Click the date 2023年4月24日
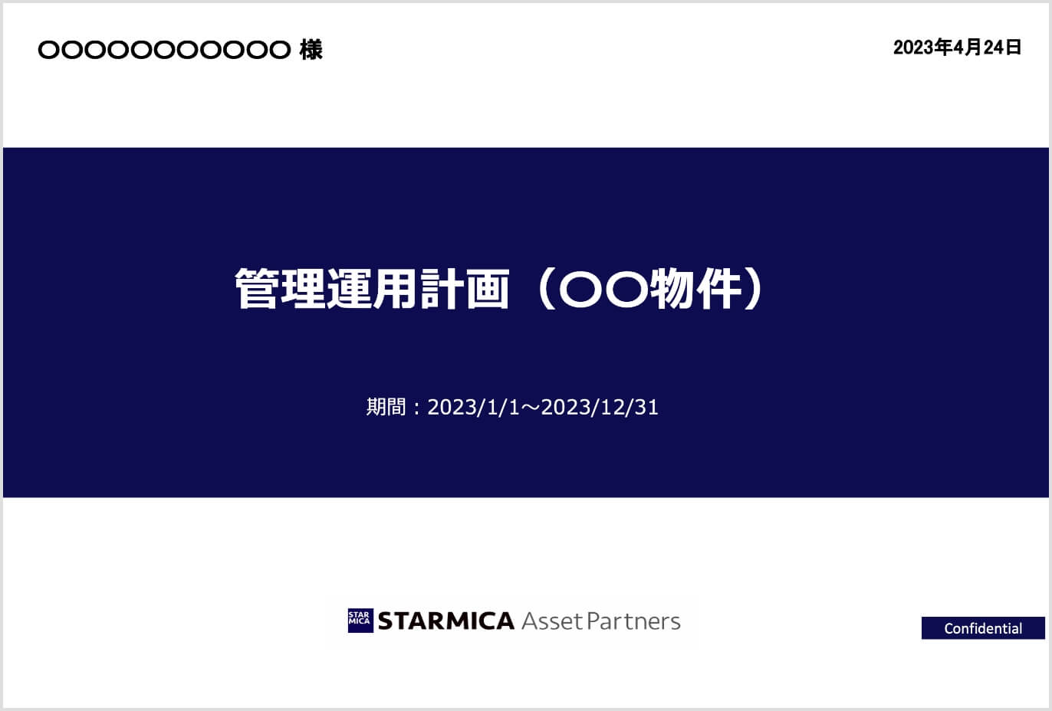pyautogui.click(x=957, y=48)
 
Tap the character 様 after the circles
pyautogui.click(x=311, y=50)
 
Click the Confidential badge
pyautogui.click(x=983, y=628)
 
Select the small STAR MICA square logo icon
pyautogui.click(x=360, y=621)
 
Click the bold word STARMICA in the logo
pyautogui.click(x=445, y=621)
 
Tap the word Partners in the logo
pyautogui.click(x=633, y=621)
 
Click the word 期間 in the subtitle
pyautogui.click(x=386, y=407)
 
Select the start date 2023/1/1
pyautogui.click(x=473, y=407)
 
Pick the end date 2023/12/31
pyautogui.click(x=600, y=407)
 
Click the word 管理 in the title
pyautogui.click(x=281, y=289)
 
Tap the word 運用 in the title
pyautogui.click(x=372, y=289)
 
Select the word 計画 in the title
pyautogui.click(x=465, y=289)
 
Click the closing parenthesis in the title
pyautogui.click(x=754, y=289)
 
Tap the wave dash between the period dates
pyautogui.click(x=531, y=407)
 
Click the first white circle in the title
pyautogui.click(x=580, y=289)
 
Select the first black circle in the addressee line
pyautogui.click(x=49, y=50)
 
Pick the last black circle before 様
pyautogui.click(x=280, y=50)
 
